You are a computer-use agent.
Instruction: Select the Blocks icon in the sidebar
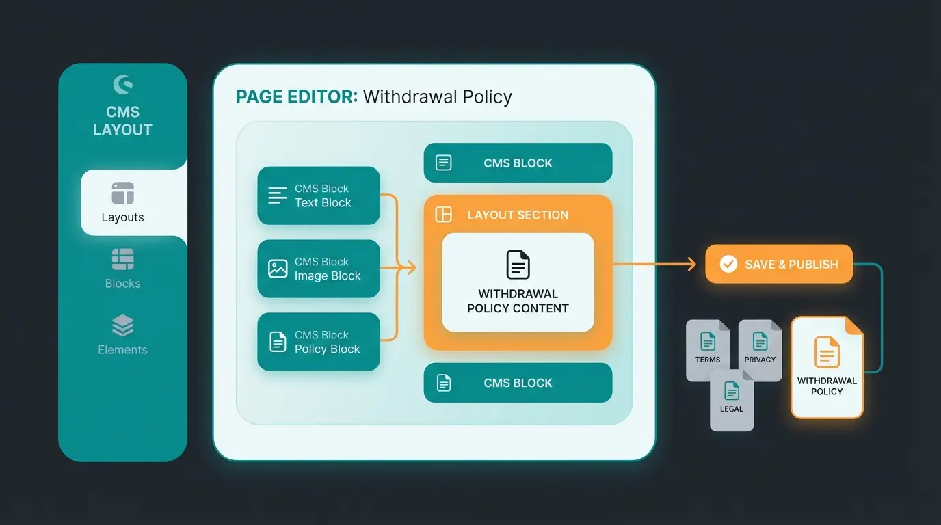point(123,260)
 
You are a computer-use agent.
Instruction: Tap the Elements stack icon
point(123,326)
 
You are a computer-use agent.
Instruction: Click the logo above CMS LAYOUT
point(123,85)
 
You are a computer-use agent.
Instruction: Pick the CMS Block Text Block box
point(319,196)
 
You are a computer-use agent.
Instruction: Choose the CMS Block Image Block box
point(319,269)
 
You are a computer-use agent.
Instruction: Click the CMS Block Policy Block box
point(319,342)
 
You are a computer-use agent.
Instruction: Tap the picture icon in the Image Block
point(278,269)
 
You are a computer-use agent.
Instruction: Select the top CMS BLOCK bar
point(518,163)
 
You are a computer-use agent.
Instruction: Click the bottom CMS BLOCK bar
point(518,383)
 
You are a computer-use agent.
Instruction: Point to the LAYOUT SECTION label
point(518,215)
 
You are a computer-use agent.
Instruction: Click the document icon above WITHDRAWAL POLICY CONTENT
point(518,265)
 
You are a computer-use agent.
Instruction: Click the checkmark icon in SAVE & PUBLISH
point(729,264)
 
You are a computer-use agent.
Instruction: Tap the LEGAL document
point(731,399)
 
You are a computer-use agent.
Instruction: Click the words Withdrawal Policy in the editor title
point(438,96)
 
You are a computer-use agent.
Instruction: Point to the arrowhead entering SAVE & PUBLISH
point(692,264)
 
